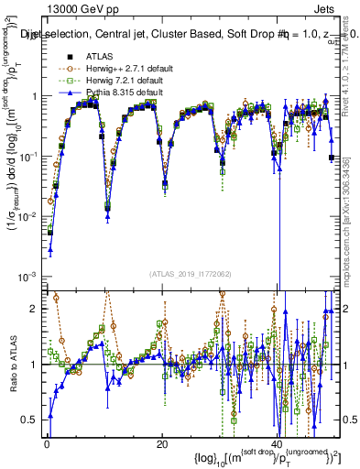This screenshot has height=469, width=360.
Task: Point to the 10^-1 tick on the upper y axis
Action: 30,157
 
